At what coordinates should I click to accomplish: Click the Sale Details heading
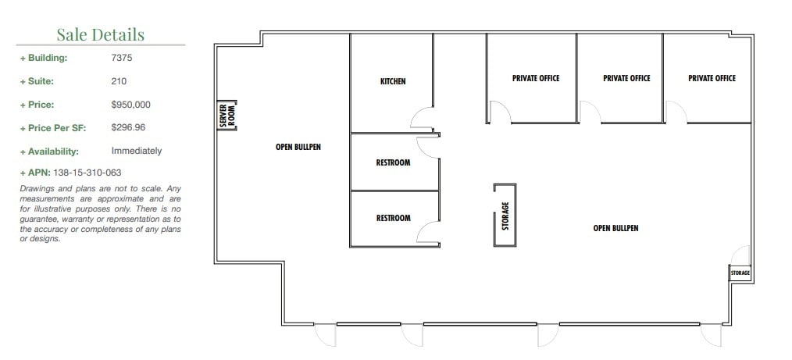click(x=100, y=34)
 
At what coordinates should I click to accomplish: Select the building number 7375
click(x=122, y=58)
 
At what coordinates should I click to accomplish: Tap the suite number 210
click(x=119, y=81)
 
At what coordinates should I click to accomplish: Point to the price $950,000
click(x=130, y=105)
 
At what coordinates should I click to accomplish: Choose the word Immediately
click(x=136, y=151)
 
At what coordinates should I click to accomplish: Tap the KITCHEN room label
click(x=393, y=81)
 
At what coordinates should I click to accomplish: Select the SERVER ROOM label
click(x=227, y=116)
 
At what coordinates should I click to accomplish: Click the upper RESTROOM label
click(x=393, y=163)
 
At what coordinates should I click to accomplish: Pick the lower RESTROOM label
click(x=393, y=219)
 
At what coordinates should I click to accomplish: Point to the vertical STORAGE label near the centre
click(x=505, y=216)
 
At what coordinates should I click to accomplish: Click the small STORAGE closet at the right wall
click(x=740, y=273)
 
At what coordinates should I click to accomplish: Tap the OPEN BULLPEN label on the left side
click(x=298, y=147)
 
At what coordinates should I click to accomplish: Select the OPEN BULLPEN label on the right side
click(x=615, y=228)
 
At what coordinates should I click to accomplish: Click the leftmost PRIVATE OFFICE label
click(x=536, y=78)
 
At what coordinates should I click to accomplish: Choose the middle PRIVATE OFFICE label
click(x=626, y=78)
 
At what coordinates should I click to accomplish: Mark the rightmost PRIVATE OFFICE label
click(x=712, y=78)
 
